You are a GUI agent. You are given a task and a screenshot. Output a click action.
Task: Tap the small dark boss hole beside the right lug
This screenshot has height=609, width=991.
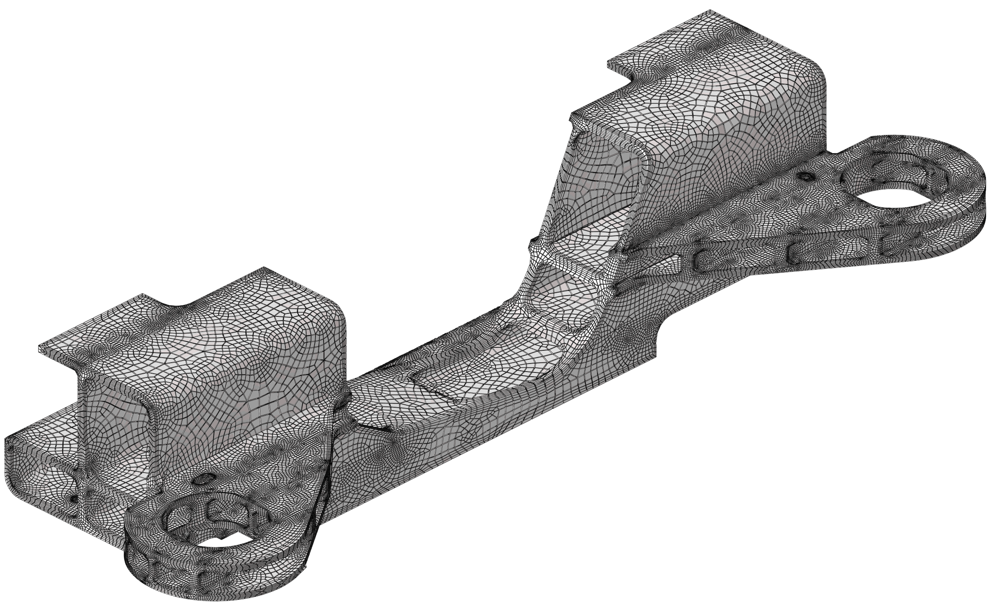805,175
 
